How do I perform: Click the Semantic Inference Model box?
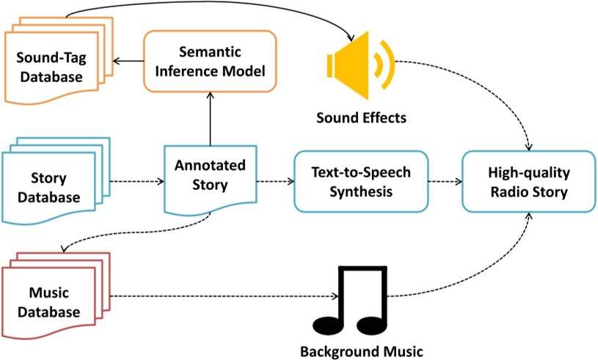coord(210,62)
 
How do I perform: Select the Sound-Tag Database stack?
coord(59,61)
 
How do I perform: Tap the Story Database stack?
coord(56,181)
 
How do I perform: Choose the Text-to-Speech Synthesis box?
coord(361,181)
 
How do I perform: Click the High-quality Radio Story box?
coord(529,181)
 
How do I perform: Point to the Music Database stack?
coord(56,295)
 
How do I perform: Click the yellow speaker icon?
coord(360,65)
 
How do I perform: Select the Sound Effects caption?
coord(361,118)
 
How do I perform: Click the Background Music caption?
coord(362,351)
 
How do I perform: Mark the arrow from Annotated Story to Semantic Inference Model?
coord(210,119)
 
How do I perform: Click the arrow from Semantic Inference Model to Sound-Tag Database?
coord(128,61)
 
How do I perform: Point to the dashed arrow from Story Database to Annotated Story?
coord(137,181)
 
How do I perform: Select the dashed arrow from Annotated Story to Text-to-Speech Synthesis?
coord(275,181)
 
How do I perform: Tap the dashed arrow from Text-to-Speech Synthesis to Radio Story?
coord(445,181)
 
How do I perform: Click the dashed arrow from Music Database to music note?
coord(225,296)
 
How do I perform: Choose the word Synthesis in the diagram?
coord(361,191)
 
